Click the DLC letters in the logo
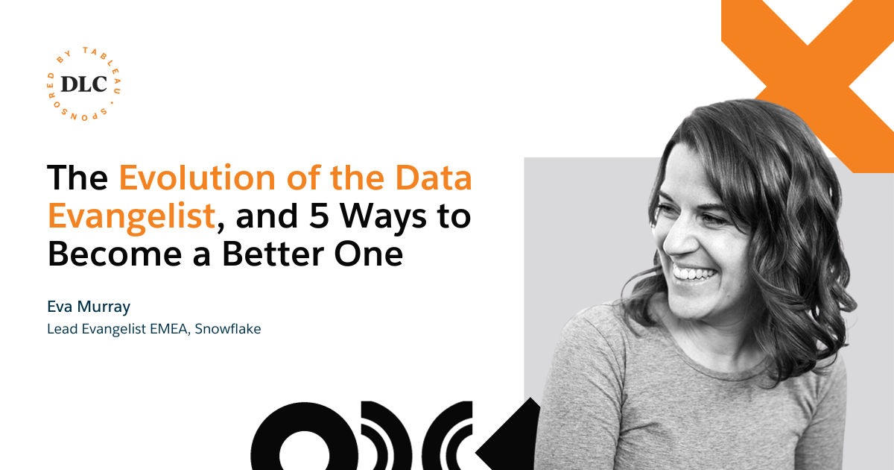(83, 84)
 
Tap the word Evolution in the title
(197, 177)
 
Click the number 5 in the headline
(319, 216)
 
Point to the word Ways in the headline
(383, 218)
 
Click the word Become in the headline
(115, 254)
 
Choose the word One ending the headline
(369, 254)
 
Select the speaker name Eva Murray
(89, 307)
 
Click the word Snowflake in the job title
(228, 328)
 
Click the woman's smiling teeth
(694, 275)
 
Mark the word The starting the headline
(77, 177)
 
